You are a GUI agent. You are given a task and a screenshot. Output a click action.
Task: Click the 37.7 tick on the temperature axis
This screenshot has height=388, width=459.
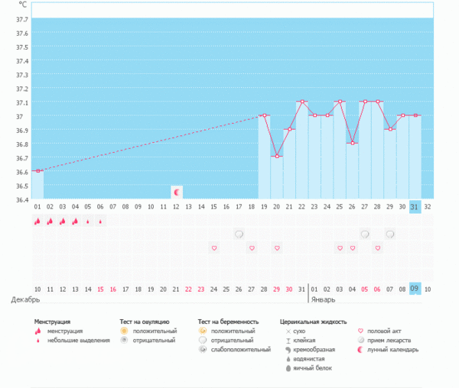coord(21,20)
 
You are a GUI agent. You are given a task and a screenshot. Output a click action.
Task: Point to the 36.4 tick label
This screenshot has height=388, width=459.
coord(21,199)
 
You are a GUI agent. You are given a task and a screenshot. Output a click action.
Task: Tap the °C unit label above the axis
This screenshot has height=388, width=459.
coord(22,5)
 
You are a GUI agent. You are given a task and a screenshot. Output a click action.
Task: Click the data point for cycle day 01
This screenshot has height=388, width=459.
coord(37,170)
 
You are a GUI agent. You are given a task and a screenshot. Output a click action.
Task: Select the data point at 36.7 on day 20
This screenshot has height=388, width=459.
coord(277,156)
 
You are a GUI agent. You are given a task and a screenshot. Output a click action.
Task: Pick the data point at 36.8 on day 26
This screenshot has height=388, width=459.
coord(352,143)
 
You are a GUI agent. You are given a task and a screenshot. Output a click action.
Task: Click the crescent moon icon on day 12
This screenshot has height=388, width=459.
coord(177,192)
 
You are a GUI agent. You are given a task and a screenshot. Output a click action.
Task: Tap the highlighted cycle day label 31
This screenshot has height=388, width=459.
coord(415,206)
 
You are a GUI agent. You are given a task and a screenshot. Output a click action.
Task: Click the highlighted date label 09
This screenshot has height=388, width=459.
coord(415,289)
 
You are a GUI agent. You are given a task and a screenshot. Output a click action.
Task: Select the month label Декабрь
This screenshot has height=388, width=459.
coord(24,299)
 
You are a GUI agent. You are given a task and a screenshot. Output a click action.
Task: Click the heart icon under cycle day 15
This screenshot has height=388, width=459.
coord(214,247)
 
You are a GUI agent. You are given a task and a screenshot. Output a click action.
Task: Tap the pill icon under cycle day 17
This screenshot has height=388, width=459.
coord(239,234)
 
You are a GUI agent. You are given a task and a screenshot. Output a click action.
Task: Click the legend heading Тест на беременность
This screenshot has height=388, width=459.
coord(228,322)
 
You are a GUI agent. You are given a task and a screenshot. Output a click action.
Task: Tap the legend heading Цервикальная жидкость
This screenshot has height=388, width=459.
coord(314,322)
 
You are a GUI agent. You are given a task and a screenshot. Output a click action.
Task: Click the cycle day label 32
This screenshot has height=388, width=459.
coord(428,206)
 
